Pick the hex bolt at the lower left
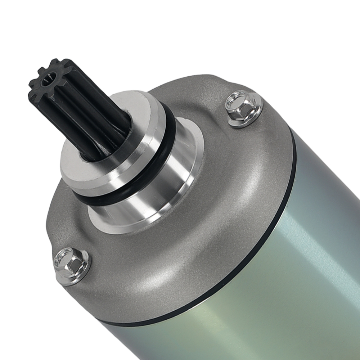pyautogui.click(x=71, y=266)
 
